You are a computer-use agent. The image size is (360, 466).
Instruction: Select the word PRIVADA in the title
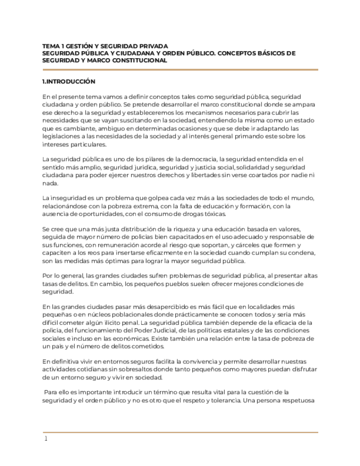[x=152, y=46]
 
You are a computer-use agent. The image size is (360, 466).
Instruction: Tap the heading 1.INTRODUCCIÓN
[x=69, y=81]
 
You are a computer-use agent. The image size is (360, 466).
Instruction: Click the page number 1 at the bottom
[x=46, y=439]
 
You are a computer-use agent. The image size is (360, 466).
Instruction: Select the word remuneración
[x=126, y=245]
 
